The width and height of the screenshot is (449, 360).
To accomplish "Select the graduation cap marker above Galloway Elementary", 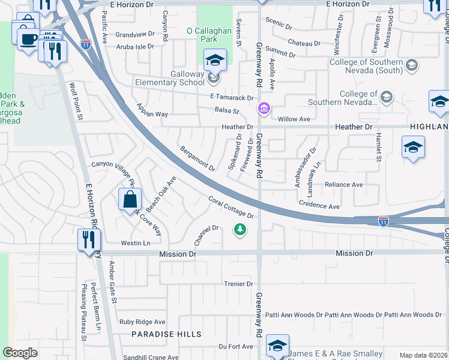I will (215, 61).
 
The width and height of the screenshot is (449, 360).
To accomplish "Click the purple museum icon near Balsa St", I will (264, 109).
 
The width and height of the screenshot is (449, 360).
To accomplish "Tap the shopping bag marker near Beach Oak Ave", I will (130, 199).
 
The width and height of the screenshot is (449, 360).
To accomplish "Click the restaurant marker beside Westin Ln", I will (89, 240).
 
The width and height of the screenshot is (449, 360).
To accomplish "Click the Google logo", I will (20, 353).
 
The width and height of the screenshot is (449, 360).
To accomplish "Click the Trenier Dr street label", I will (238, 284).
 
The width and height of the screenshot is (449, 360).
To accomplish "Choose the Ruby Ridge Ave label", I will (142, 322).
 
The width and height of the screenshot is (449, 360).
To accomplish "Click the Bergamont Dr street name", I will (197, 158).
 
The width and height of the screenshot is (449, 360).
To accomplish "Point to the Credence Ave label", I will (319, 205).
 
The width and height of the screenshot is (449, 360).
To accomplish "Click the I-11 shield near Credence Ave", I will (383, 221).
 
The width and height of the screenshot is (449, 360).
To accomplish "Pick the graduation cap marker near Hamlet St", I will (414, 148).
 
